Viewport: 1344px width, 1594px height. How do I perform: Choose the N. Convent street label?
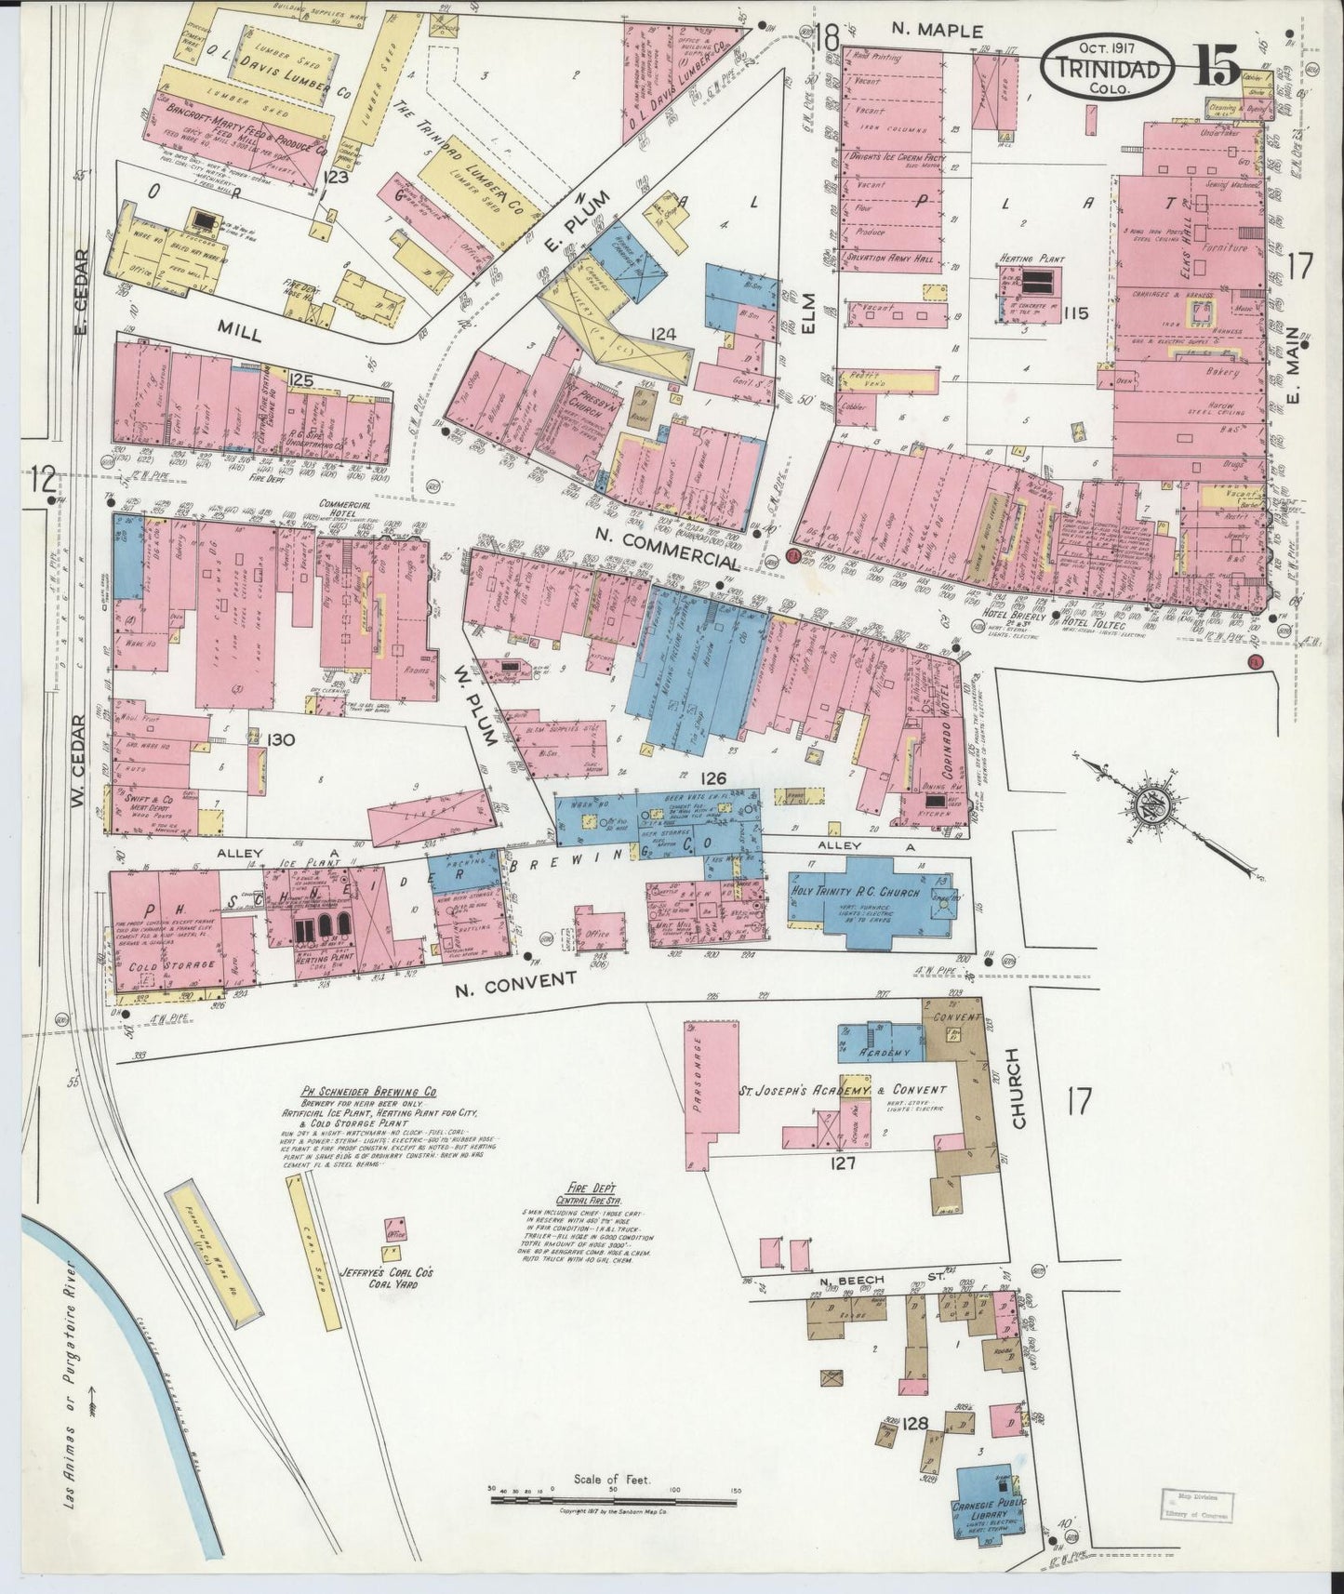pos(516,982)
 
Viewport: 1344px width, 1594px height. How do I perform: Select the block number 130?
pos(254,739)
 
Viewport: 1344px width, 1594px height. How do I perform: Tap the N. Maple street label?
pos(937,32)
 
